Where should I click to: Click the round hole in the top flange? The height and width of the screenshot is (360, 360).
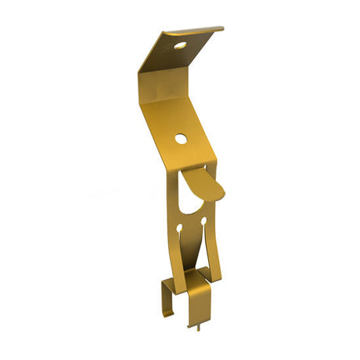pos(181,45)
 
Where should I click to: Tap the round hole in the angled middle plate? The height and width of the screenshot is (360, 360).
pos(181,139)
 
